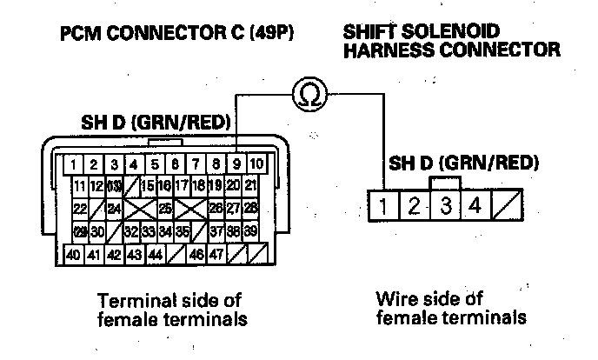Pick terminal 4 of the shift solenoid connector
[475, 207]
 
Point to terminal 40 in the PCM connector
[75, 254]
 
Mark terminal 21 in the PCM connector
[250, 185]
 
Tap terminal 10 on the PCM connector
[257, 163]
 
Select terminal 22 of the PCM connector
[80, 208]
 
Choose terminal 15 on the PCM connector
[148, 185]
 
